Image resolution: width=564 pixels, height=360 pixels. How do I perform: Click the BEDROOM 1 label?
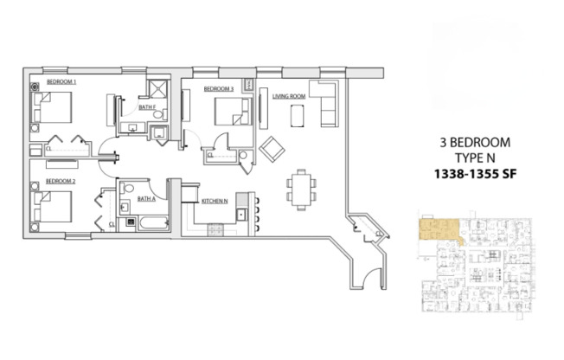[61, 81]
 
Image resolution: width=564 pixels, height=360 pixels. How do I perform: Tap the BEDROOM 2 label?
[61, 180]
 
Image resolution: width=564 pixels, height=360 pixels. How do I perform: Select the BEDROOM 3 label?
[219, 89]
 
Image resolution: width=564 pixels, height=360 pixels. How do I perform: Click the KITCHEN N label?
[214, 200]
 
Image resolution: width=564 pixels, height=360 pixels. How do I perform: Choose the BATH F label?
[146, 107]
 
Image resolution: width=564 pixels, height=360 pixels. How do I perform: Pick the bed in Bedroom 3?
[230, 112]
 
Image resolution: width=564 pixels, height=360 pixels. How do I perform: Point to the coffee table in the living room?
[298, 115]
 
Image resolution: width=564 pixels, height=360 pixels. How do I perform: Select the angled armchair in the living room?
[272, 148]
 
